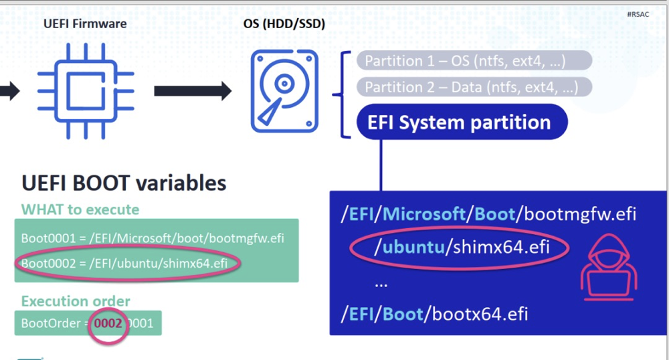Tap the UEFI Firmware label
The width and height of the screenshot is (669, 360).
tap(85, 25)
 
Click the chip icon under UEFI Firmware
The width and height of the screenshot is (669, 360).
tap(85, 90)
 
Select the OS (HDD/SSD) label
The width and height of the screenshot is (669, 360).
tap(284, 25)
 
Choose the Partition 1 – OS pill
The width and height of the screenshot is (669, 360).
tap(474, 61)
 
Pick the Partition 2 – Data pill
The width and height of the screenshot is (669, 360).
tap(474, 87)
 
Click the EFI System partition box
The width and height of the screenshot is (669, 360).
tap(462, 122)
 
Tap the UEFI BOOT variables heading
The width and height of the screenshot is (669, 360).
tap(124, 183)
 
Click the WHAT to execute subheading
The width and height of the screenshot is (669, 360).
tap(80, 209)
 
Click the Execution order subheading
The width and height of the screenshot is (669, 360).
tap(76, 301)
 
